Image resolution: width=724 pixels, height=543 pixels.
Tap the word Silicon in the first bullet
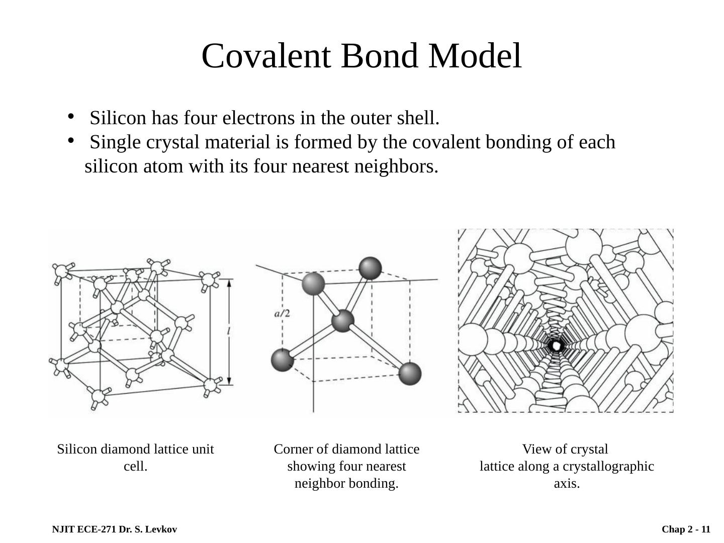click(118, 118)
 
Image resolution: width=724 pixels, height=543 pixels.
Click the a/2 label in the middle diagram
click(282, 314)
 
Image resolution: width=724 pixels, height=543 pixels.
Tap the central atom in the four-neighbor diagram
click(343, 321)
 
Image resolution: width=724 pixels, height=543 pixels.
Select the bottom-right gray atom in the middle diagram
click(410, 374)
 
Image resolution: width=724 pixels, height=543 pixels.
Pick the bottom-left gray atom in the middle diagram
click(282, 360)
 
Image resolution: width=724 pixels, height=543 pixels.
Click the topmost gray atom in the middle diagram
click(371, 267)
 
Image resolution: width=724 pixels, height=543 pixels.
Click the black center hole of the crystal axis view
click(556, 346)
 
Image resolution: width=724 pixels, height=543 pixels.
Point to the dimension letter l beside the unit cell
click(229, 331)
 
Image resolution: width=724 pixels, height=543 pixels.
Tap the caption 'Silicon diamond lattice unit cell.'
click(135, 457)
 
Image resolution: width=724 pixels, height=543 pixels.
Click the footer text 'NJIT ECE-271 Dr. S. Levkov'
click(114, 529)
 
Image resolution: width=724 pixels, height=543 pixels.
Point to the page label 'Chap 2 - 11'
click(686, 529)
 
